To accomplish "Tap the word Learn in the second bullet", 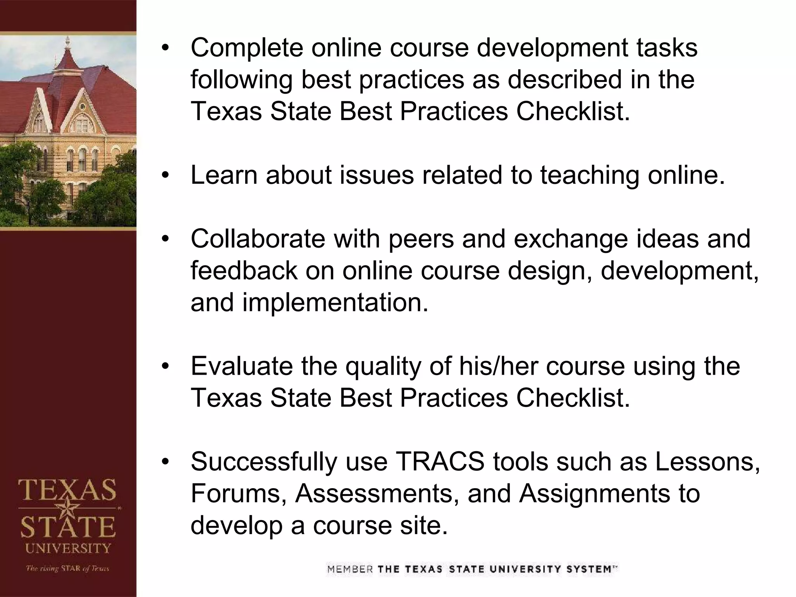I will pyautogui.click(x=224, y=175).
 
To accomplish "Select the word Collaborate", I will pyautogui.click(x=258, y=239).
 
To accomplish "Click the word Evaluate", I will pyautogui.click(x=241, y=366).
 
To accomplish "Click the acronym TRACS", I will pyautogui.click(x=440, y=462).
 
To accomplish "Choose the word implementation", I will pyautogui.click(x=335, y=303).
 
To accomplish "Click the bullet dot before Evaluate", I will pyautogui.click(x=166, y=366).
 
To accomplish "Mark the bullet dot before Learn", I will pyautogui.click(x=166, y=175).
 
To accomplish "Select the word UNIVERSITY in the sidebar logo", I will pyautogui.click(x=68, y=548).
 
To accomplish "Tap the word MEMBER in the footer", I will pyautogui.click(x=350, y=570).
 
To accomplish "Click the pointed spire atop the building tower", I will pyautogui.click(x=68, y=43).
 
